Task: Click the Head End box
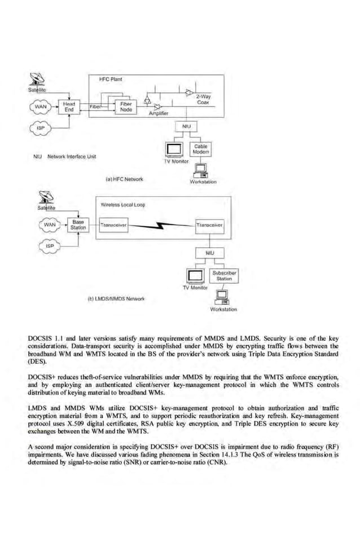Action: point(69,107)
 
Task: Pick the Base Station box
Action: point(78,225)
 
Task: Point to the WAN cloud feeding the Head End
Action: point(41,106)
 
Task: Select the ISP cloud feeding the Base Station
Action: point(49,246)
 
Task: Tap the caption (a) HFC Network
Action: point(125,179)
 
